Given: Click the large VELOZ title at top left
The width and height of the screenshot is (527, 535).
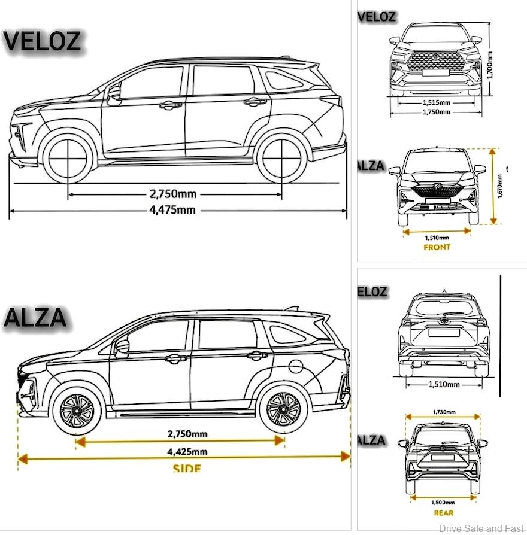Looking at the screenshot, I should point(42,42).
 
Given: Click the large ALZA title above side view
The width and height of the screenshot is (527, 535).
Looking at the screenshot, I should point(35,318).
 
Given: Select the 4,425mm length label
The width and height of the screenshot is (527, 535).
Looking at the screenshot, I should point(187,451).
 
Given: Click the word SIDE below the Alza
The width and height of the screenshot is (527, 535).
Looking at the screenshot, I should point(187,469).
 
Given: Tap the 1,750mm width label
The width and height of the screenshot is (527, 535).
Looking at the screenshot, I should point(436,112).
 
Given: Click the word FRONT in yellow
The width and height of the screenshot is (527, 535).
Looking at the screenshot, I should point(437,247).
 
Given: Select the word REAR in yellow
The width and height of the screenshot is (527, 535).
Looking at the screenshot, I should point(444,513).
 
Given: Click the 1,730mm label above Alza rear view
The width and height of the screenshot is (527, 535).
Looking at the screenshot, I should point(444,412).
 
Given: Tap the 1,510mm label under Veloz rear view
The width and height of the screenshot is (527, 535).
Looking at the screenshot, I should point(444,384).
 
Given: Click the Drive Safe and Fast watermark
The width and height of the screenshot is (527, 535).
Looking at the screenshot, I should point(481,528).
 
